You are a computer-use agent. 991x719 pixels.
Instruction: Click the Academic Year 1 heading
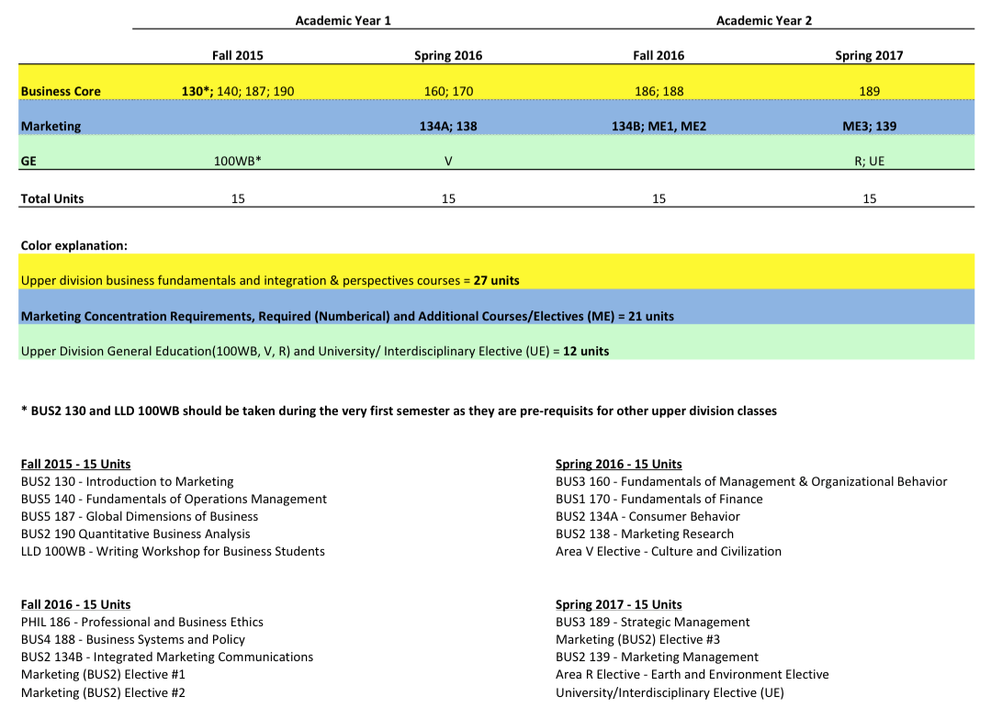pyautogui.click(x=343, y=20)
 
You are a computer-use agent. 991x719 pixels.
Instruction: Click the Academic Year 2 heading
pyautogui.click(x=763, y=20)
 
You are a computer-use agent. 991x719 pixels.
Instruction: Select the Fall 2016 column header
pyautogui.click(x=659, y=55)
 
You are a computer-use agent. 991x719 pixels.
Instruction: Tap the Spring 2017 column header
pyautogui.click(x=869, y=55)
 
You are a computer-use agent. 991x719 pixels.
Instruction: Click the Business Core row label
pyautogui.click(x=61, y=91)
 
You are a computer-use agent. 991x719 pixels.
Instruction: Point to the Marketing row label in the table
pyautogui.click(x=51, y=126)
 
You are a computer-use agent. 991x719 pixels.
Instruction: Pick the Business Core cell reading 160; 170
pyautogui.click(x=448, y=91)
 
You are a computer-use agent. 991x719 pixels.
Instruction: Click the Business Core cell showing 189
pyautogui.click(x=869, y=91)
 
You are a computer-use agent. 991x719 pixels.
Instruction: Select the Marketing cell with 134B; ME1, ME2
pyautogui.click(x=659, y=126)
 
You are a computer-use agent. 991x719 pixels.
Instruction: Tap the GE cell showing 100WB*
pyautogui.click(x=238, y=161)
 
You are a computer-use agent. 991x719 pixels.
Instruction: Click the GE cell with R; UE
pyautogui.click(x=869, y=161)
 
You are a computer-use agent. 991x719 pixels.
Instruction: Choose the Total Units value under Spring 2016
pyautogui.click(x=448, y=198)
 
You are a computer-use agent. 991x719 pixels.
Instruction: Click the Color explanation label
pyautogui.click(x=73, y=245)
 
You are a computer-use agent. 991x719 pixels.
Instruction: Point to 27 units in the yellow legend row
pyautogui.click(x=496, y=280)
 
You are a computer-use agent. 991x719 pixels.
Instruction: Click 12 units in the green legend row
pyautogui.click(x=585, y=351)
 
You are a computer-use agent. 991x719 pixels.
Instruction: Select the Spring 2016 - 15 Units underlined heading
pyautogui.click(x=618, y=464)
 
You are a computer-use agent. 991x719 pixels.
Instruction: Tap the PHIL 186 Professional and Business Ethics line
pyautogui.click(x=141, y=622)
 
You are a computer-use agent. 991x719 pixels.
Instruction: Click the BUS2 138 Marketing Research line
pyautogui.click(x=644, y=534)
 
